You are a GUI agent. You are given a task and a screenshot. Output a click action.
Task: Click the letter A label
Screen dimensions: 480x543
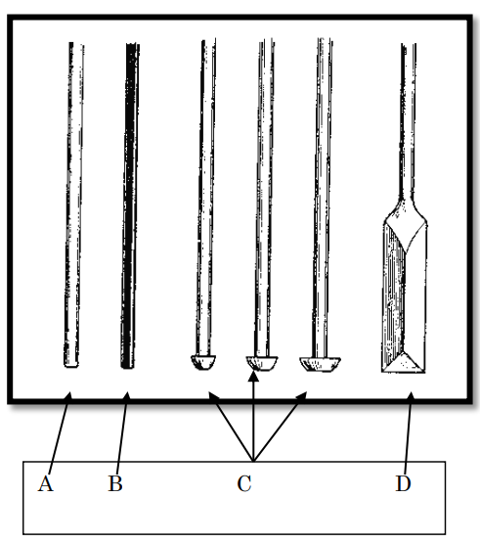click(46, 483)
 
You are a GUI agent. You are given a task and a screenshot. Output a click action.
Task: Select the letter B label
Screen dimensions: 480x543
click(115, 483)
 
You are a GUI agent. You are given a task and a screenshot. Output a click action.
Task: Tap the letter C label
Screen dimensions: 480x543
click(244, 483)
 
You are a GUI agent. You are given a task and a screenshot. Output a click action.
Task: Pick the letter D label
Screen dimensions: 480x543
click(403, 483)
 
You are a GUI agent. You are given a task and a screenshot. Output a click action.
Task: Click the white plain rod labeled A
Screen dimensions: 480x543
click(73, 204)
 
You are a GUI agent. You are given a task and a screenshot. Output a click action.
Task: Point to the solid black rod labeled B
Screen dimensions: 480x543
click(130, 206)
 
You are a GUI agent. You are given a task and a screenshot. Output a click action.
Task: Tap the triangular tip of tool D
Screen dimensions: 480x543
click(403, 364)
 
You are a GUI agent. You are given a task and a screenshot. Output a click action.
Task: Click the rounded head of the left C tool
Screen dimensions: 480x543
click(203, 362)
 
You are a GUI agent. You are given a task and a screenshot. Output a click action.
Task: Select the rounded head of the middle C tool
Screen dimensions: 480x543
click(262, 363)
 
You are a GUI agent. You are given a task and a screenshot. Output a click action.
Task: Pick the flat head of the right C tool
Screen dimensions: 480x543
click(320, 364)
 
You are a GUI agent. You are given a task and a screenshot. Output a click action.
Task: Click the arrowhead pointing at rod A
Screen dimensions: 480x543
click(68, 396)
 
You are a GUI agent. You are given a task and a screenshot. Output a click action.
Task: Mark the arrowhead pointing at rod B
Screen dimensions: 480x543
click(127, 396)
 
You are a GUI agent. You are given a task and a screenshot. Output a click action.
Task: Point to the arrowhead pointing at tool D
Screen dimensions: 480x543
click(412, 396)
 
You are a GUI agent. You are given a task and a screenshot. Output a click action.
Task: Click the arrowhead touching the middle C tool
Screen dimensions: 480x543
click(253, 375)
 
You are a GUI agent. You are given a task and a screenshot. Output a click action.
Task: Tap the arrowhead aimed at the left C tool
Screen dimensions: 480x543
click(213, 396)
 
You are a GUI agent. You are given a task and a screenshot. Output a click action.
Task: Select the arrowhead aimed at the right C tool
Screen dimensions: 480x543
click(302, 396)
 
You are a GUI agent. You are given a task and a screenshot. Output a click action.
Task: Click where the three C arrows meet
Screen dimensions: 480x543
click(253, 461)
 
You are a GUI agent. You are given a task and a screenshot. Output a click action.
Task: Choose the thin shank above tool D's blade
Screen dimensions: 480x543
click(408, 121)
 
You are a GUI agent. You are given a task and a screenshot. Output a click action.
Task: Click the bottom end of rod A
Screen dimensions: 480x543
click(71, 366)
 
